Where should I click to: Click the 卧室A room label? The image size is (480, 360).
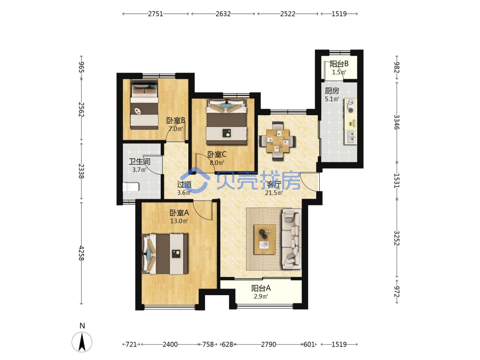[x=180, y=213]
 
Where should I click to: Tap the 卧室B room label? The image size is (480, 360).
[x=176, y=120]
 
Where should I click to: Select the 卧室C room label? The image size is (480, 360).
[x=217, y=154]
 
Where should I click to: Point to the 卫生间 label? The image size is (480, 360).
[x=139, y=161]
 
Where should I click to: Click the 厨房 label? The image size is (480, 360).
[x=332, y=91]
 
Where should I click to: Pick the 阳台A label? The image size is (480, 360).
[x=261, y=288]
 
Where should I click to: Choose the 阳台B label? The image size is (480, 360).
[x=339, y=64]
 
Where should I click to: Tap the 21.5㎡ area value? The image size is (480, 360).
[x=274, y=193]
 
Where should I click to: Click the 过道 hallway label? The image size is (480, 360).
[x=184, y=185]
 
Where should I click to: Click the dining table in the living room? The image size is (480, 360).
[x=277, y=141]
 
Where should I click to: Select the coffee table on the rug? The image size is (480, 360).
[x=264, y=240]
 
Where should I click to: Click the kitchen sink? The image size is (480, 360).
[x=350, y=137]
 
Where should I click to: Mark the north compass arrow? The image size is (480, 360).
[x=82, y=342]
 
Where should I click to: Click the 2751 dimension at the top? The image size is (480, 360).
[x=156, y=14]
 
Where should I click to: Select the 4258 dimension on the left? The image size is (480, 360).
[x=82, y=253]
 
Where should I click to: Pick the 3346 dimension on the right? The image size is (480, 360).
[x=397, y=122]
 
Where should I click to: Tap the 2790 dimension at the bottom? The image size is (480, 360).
[x=268, y=344]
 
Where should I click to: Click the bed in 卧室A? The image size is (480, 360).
[x=165, y=254]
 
